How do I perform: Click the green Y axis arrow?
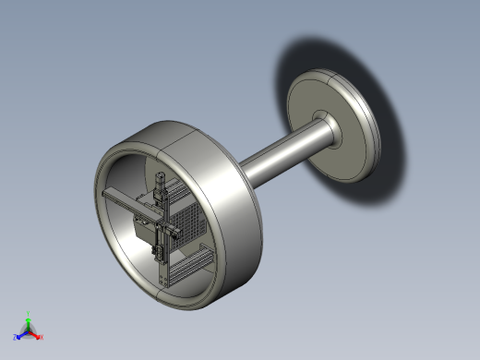click(29, 320)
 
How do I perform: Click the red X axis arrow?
click(35, 334)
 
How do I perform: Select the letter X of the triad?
click(42, 337)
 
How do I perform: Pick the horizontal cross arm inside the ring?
click(129, 205)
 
